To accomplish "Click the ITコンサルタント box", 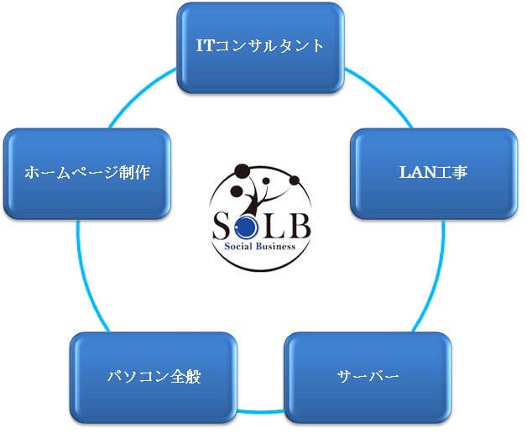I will [x=260, y=45].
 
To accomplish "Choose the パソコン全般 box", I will [x=154, y=375].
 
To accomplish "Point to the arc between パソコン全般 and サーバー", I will [x=260, y=410].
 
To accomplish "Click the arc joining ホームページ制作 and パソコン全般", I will [x=86, y=277].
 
